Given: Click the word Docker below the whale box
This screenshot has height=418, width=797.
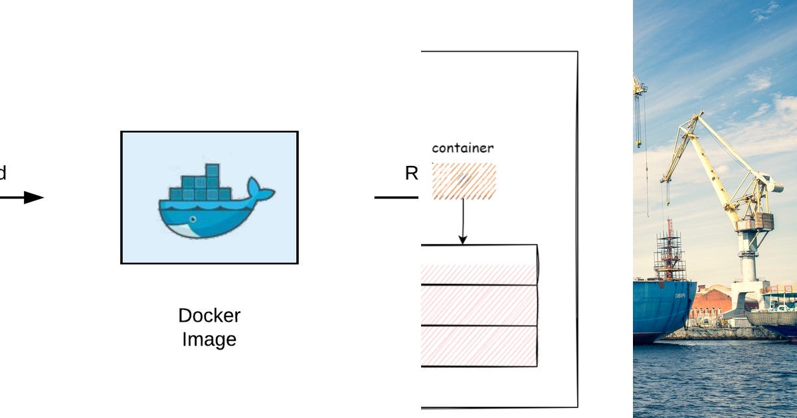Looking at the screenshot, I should [209, 315].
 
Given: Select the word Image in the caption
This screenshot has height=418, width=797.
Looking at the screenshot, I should [209, 340].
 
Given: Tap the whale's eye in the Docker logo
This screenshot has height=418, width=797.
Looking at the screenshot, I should [193, 219].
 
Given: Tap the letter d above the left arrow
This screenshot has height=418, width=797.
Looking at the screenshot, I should [3, 174].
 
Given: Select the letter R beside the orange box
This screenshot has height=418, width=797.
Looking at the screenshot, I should [411, 174].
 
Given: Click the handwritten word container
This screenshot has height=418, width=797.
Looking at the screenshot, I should [462, 148].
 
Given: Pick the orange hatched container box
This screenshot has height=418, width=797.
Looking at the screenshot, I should [463, 181].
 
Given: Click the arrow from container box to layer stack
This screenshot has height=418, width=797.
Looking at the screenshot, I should [463, 222].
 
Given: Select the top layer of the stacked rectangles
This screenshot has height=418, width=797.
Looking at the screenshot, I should [478, 265].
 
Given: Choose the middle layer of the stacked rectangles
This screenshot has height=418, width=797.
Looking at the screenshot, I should [478, 305].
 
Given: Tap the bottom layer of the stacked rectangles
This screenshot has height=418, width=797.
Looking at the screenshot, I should [478, 346].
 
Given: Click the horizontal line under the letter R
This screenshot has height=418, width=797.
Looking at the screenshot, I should [396, 198].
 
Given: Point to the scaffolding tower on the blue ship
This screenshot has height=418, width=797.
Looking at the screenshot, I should [669, 252].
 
